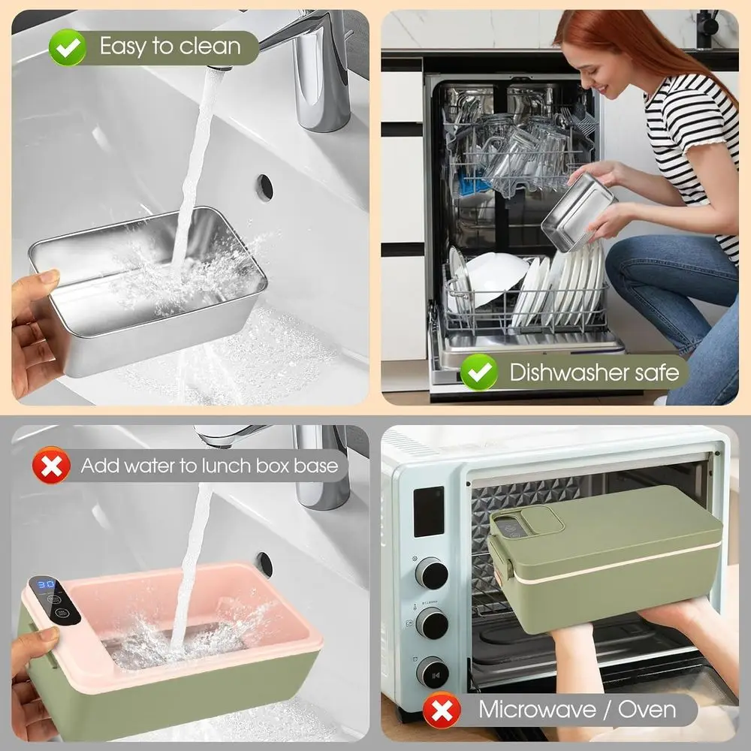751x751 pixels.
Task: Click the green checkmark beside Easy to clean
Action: click(x=68, y=47)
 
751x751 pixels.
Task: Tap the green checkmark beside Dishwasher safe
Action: click(x=479, y=372)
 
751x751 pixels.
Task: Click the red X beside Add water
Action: click(x=51, y=465)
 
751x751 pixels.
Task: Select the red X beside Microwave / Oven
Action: click(x=442, y=710)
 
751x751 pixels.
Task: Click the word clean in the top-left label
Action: click(x=210, y=47)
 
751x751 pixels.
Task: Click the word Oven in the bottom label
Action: click(x=647, y=710)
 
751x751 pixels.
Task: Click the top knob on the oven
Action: click(x=432, y=573)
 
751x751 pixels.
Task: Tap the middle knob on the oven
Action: click(x=432, y=623)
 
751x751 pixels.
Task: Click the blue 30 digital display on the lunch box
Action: click(x=47, y=584)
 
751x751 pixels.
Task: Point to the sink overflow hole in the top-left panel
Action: click(x=264, y=187)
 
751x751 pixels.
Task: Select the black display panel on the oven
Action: click(x=429, y=511)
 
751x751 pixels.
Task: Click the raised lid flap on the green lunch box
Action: click(x=542, y=520)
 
